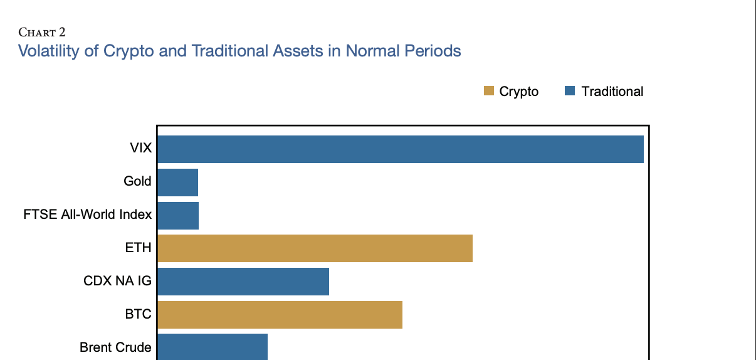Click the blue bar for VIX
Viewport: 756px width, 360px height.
(x=400, y=149)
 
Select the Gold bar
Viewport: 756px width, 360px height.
(x=177, y=182)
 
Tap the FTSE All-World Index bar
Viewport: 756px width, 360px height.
(x=178, y=215)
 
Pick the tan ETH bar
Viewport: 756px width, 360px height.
(x=315, y=248)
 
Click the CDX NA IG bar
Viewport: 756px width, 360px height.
(x=243, y=281)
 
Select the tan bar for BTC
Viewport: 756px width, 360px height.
(x=280, y=314)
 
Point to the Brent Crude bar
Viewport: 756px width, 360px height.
(x=213, y=347)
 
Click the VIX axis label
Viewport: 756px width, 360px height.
(x=140, y=149)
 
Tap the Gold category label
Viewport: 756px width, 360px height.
(x=137, y=182)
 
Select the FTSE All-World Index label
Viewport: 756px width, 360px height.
(x=87, y=215)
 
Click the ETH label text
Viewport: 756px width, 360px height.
(x=139, y=248)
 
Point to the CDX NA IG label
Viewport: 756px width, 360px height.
(x=117, y=281)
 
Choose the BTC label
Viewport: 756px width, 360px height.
(x=139, y=314)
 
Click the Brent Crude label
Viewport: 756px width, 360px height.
(x=115, y=347)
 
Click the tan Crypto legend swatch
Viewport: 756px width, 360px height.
(x=489, y=92)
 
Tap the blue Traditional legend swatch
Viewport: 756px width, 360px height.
(x=570, y=92)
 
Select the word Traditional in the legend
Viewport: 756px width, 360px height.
(x=612, y=92)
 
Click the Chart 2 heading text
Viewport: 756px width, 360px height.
(x=41, y=33)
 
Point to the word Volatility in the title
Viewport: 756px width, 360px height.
(x=49, y=51)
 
